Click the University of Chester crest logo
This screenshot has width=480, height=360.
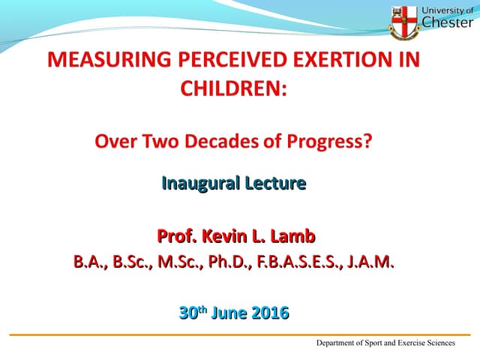click(x=403, y=20)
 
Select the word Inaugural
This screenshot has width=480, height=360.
click(x=195, y=182)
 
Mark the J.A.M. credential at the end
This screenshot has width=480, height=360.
click(x=370, y=263)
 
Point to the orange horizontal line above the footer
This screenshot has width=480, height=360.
click(x=240, y=334)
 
